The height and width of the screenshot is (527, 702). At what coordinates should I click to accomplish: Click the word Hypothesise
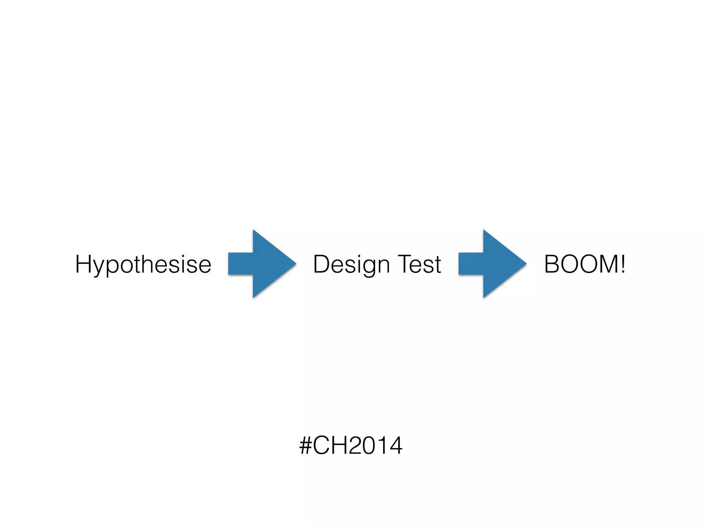[143, 265]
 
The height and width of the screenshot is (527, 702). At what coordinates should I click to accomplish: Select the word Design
[351, 265]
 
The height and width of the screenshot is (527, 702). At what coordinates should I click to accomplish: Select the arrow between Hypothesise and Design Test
[262, 263]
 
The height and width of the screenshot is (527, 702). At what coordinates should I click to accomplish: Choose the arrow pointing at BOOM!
[493, 263]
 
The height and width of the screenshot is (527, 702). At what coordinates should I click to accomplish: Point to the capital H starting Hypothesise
[84, 264]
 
